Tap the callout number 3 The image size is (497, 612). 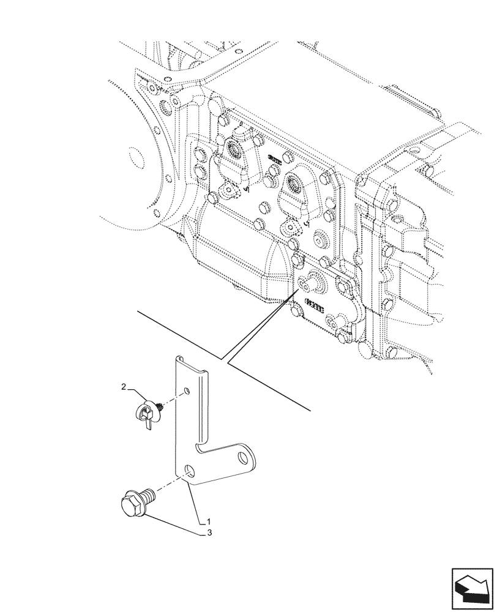pos(209,533)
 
